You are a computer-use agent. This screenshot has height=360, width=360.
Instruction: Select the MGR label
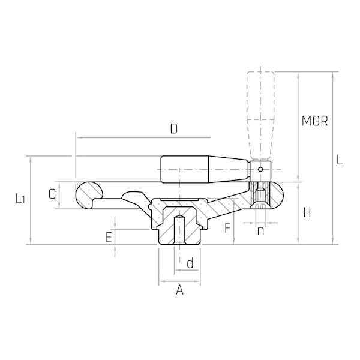pyautogui.click(x=314, y=121)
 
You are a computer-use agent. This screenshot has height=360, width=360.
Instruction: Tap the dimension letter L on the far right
pyautogui.click(x=340, y=160)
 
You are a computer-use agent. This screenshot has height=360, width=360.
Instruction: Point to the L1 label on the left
pyautogui.click(x=20, y=199)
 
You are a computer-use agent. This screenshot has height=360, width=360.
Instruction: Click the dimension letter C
pyautogui.click(x=52, y=194)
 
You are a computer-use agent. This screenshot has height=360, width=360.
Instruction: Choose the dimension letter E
pyautogui.click(x=109, y=237)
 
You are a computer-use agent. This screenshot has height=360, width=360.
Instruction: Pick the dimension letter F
pyautogui.click(x=226, y=227)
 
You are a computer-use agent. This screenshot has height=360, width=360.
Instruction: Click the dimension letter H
pyautogui.click(x=307, y=212)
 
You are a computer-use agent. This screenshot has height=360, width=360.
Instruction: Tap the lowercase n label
pyautogui.click(x=260, y=230)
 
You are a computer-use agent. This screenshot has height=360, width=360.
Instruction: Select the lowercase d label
pyautogui.click(x=190, y=263)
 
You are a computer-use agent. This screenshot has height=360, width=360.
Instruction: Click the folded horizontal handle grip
pyautogui.click(x=204, y=170)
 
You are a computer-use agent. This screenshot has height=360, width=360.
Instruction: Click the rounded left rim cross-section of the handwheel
pyautogui.click(x=90, y=196)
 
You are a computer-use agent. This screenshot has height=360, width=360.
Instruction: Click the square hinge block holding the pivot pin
pyautogui.click(x=260, y=171)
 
